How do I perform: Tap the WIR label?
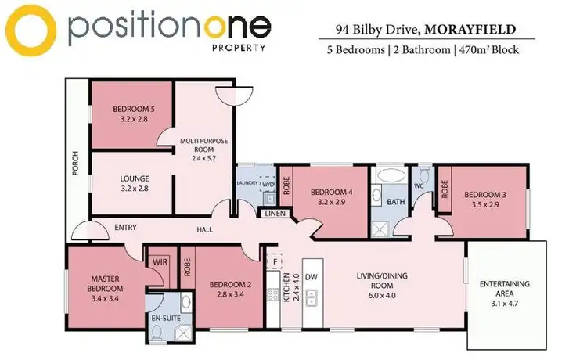[x=160, y=261]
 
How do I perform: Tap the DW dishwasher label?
[x=311, y=276]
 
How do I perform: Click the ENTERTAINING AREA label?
[x=509, y=288]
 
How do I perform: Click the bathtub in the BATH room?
[x=386, y=177]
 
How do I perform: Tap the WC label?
[x=418, y=186]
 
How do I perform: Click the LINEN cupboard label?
[x=274, y=213]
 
